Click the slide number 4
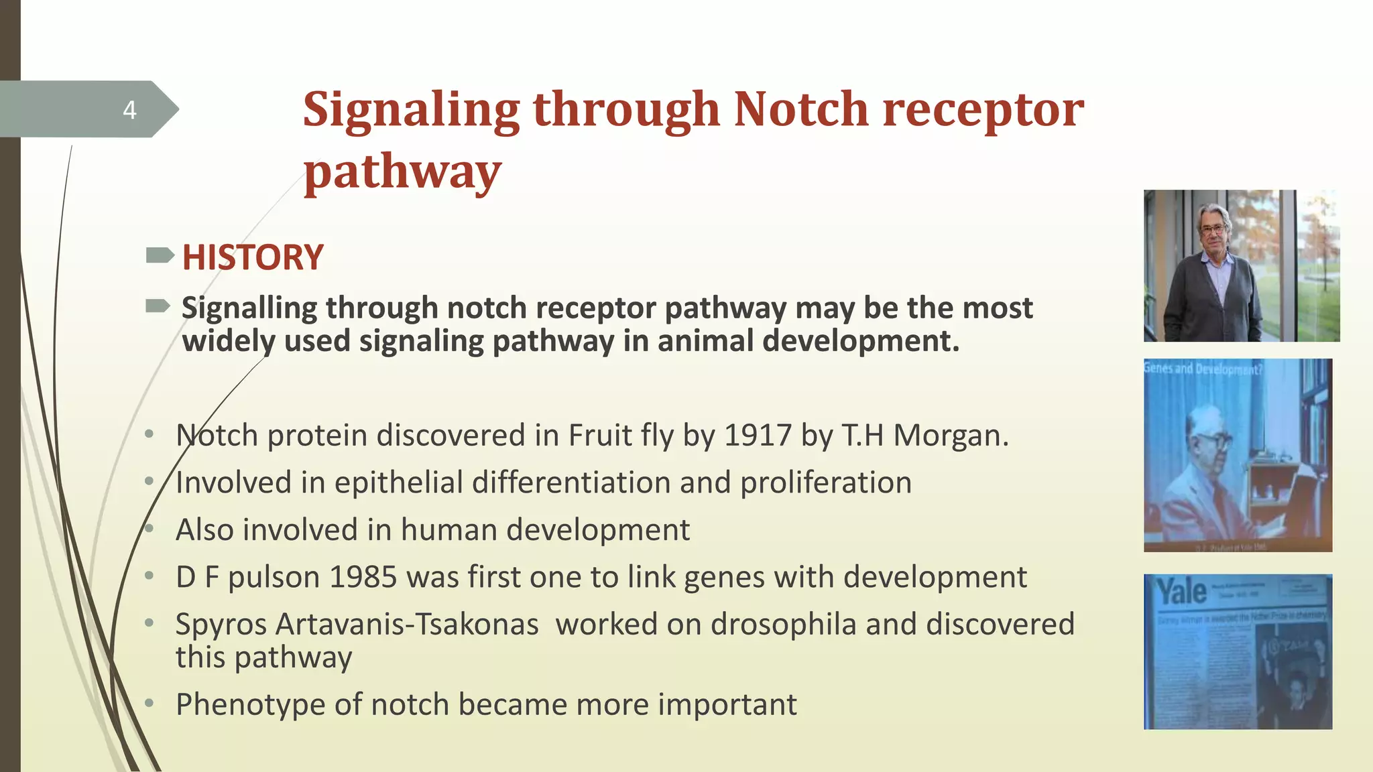tap(129, 110)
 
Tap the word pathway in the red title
tap(402, 172)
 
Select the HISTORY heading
tap(253, 258)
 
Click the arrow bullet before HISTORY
tap(160, 255)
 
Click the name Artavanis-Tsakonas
tap(407, 625)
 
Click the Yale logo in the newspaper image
tap(1182, 592)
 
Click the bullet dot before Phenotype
tap(150, 703)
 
